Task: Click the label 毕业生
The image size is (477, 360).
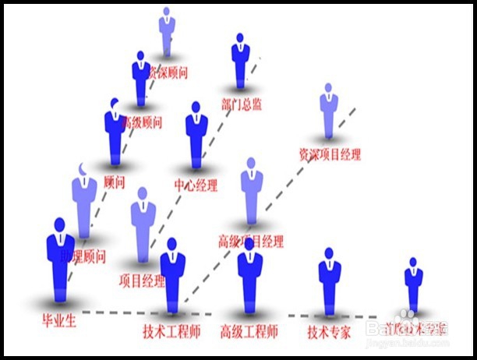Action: point(59,320)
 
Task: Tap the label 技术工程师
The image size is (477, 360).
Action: point(172,332)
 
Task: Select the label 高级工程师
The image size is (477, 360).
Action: point(249,332)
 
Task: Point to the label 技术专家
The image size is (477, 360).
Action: point(329,332)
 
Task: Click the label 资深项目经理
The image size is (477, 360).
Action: point(330,154)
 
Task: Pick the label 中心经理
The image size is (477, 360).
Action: point(196,185)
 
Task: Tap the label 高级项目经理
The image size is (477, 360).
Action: point(251,241)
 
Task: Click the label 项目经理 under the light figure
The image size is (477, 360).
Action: point(142,281)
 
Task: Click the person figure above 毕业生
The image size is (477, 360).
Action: point(60,261)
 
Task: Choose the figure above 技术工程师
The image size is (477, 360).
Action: point(173,273)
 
